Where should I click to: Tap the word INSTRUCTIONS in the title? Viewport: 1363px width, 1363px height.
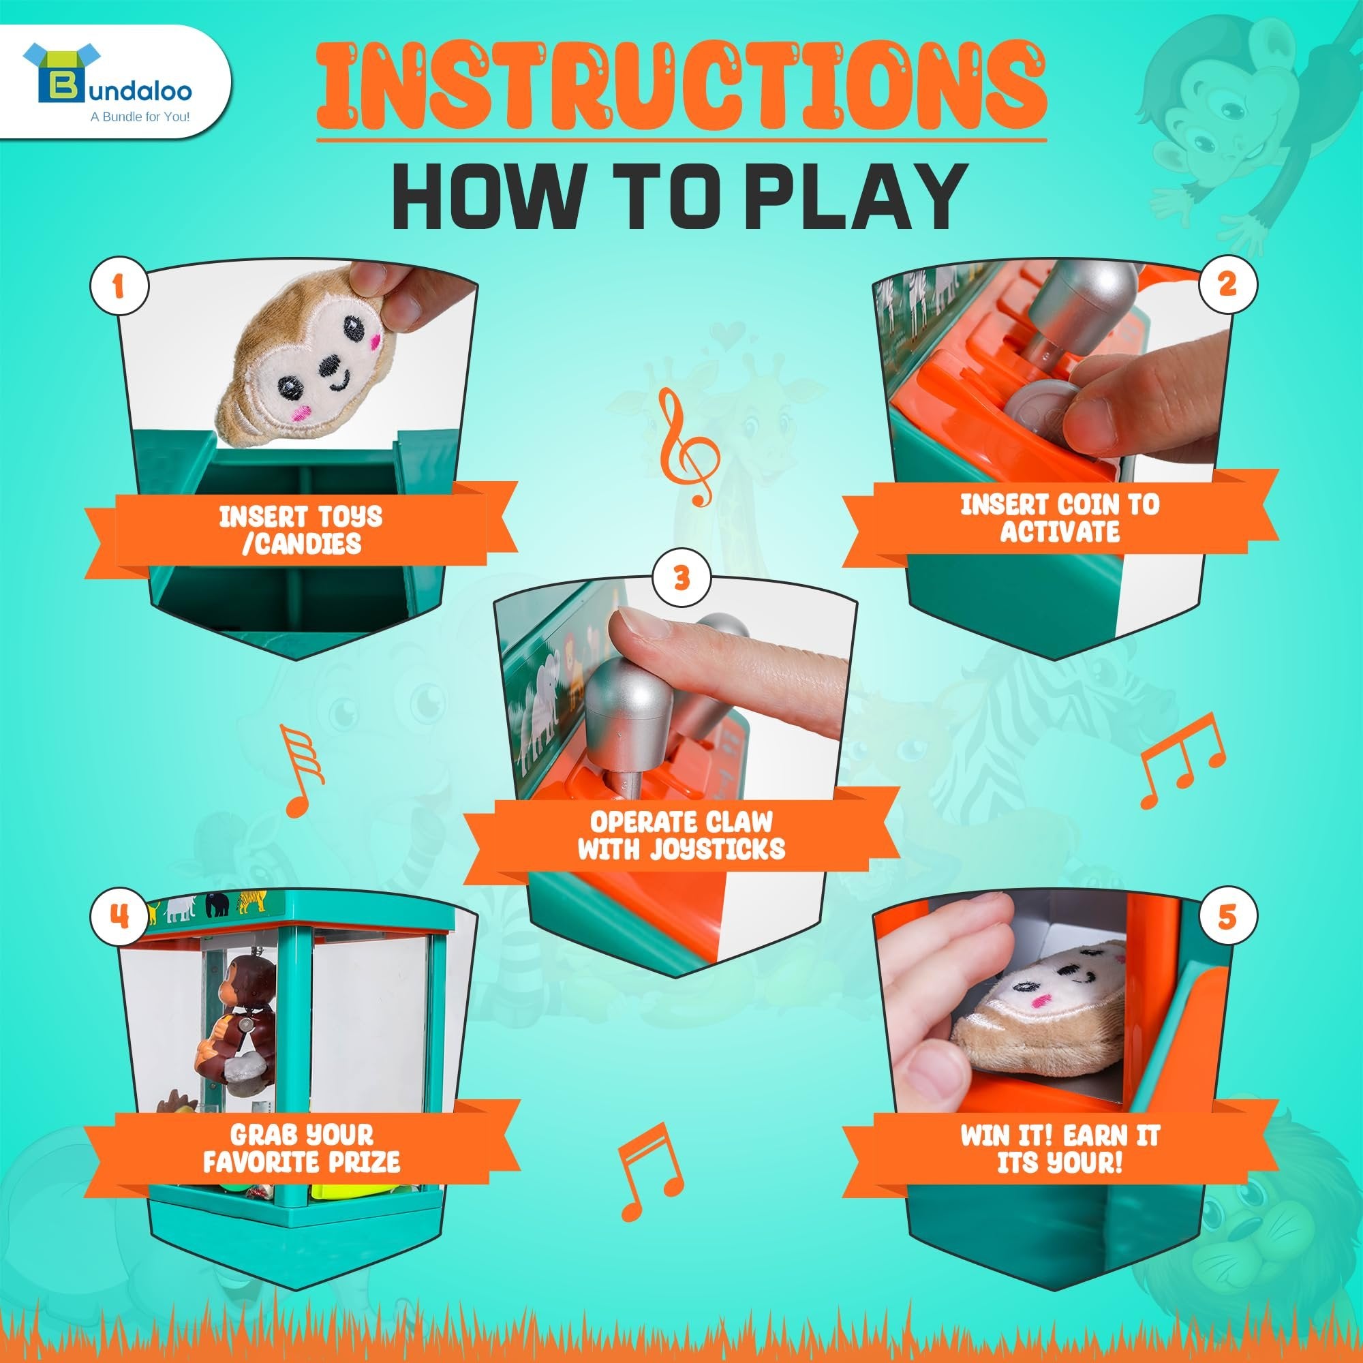pos(681,87)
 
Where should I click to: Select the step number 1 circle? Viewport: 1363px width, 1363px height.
pos(119,286)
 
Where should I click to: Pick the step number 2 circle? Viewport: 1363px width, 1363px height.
pos(1228,284)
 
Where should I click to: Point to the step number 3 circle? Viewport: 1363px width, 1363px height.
pos(681,578)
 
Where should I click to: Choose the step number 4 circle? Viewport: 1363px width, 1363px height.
pos(119,917)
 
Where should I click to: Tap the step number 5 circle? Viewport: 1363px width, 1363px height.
pos(1228,917)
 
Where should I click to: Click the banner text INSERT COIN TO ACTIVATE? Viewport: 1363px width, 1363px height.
pos(1060,518)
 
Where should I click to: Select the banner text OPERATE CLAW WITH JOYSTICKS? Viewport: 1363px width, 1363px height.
pos(681,836)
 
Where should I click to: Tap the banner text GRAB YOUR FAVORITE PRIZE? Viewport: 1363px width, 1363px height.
pos(301,1148)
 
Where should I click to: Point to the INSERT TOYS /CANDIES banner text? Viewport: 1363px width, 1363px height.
pos(301,530)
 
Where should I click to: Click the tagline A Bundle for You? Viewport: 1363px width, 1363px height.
pos(140,117)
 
